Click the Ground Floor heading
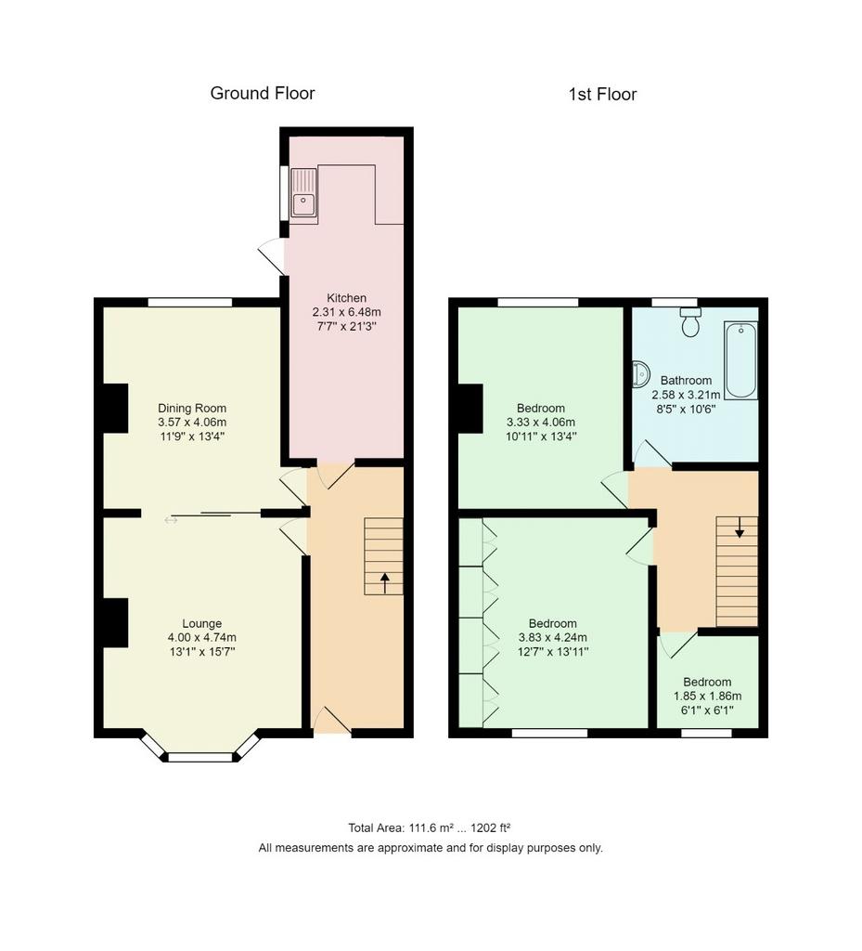[263, 93]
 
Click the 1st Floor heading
[602, 94]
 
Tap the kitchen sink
[303, 192]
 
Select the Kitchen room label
[346, 298]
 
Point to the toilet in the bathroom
[690, 322]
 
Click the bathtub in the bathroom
[740, 360]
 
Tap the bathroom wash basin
[640, 374]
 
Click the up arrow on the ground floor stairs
[384, 583]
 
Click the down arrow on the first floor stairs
[739, 528]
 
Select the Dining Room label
[192, 409]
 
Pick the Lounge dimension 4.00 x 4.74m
[201, 637]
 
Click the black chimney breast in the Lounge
[116, 623]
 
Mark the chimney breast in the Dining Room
[116, 409]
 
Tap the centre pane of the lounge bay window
[200, 757]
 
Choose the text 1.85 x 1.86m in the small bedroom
[708, 697]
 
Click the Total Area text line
[430, 827]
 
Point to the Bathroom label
[686, 380]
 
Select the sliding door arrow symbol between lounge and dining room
[171, 520]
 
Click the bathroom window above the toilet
[675, 302]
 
